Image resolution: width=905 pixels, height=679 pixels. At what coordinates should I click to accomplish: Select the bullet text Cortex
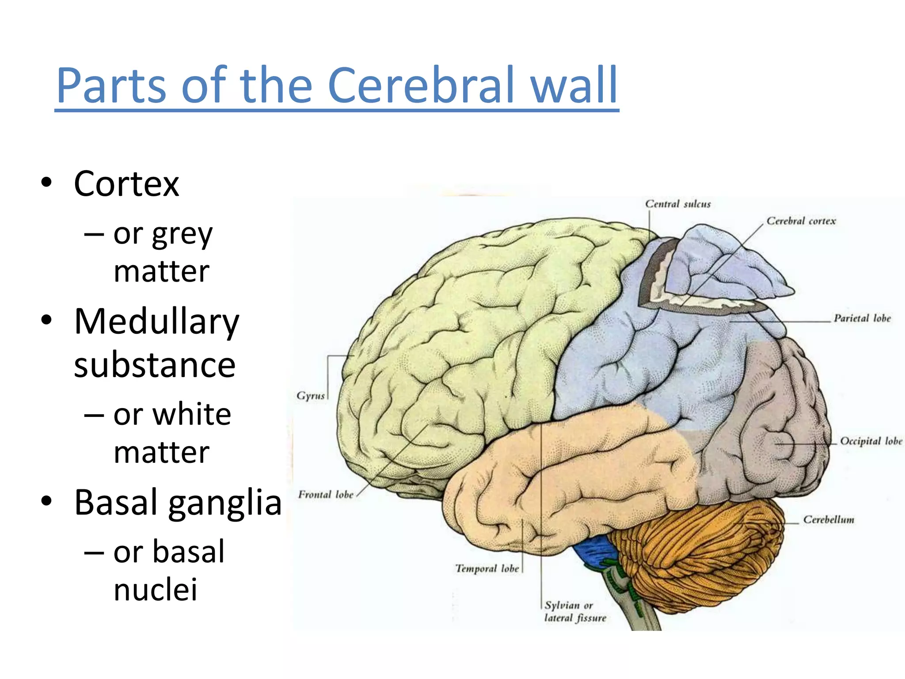point(126,184)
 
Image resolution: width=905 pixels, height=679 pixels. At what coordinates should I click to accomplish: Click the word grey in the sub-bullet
point(182,234)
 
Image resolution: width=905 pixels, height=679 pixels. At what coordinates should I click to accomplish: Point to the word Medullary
point(156,322)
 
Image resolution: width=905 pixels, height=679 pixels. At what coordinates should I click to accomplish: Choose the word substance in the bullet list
point(155,365)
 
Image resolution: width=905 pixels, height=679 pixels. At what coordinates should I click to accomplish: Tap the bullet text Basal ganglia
point(178,503)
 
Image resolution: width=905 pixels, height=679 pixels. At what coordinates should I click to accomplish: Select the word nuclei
point(155,590)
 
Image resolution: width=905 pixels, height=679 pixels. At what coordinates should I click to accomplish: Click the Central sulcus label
point(678,204)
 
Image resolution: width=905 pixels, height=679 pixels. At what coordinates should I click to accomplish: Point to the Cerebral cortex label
point(801,221)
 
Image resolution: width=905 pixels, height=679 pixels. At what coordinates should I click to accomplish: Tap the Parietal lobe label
point(862,318)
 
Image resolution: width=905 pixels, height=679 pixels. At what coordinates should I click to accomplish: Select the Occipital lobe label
point(871,441)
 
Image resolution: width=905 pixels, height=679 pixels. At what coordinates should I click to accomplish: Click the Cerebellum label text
point(829,520)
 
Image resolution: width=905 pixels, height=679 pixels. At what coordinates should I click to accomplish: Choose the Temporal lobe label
point(487,568)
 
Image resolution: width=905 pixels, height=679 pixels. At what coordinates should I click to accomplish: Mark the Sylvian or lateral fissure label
point(575,612)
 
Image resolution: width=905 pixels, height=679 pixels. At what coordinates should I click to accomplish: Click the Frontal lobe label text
point(326,495)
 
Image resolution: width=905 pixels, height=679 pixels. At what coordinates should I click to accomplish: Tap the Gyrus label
point(311,396)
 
